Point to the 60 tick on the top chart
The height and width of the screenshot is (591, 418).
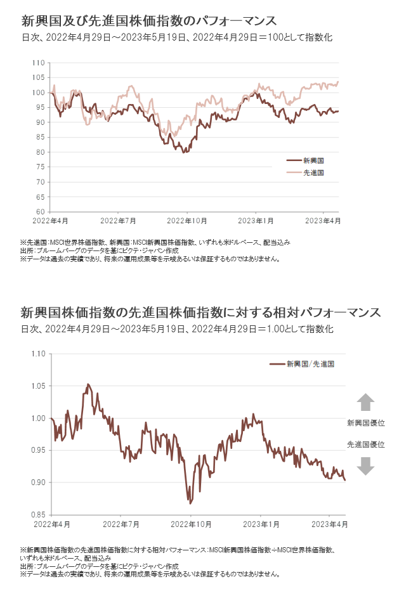[x=39, y=212]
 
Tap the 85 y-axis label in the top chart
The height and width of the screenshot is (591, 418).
[x=39, y=138]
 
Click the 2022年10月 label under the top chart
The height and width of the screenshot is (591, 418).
[x=186, y=221]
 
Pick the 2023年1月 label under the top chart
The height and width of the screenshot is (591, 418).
[x=256, y=221]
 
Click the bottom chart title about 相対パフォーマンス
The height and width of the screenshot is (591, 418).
[x=200, y=313]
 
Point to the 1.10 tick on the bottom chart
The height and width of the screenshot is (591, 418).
[x=39, y=354]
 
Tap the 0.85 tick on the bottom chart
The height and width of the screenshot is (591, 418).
[x=39, y=514]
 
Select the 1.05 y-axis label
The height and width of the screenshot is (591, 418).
[x=39, y=386]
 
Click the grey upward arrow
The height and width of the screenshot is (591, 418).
[x=366, y=402]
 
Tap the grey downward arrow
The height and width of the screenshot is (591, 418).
[x=366, y=467]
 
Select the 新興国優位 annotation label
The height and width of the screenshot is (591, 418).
[x=366, y=423]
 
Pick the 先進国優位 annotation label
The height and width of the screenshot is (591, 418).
[x=366, y=445]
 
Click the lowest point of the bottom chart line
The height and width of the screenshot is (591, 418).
[x=189, y=502]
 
